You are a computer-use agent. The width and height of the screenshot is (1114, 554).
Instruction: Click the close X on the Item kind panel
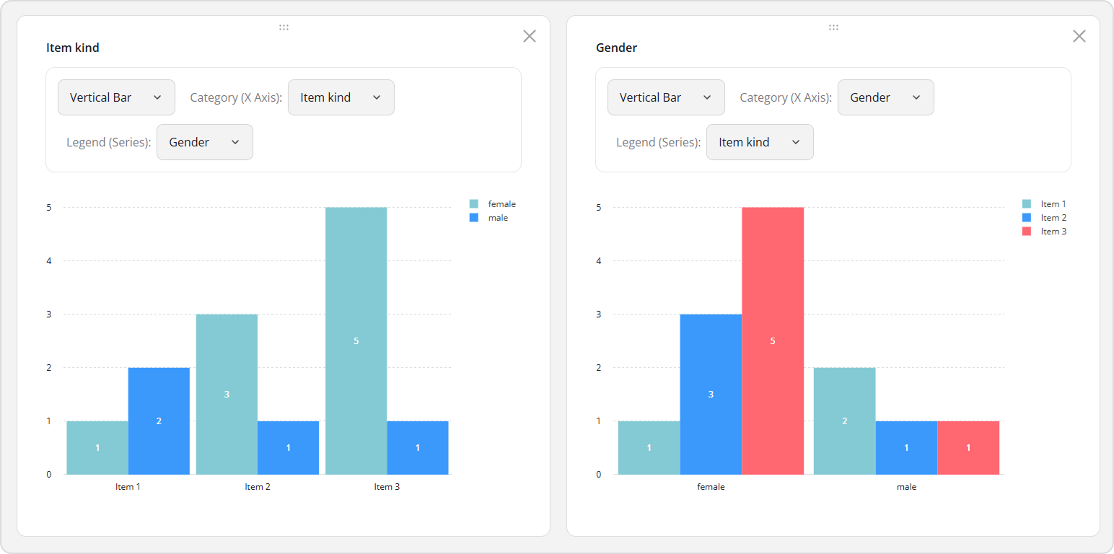click(530, 36)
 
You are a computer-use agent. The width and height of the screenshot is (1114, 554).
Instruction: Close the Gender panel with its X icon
click(1079, 36)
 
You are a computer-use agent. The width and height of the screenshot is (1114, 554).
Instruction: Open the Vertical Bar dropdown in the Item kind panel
click(116, 97)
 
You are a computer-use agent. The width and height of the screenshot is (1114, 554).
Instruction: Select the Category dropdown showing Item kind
click(341, 97)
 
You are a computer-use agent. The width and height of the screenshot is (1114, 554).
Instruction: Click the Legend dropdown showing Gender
click(204, 142)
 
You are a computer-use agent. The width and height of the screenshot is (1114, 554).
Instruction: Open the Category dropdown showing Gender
click(885, 97)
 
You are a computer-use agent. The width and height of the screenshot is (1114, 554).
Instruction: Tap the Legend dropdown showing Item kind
click(759, 142)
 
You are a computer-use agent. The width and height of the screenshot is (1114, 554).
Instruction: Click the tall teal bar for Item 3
click(356, 340)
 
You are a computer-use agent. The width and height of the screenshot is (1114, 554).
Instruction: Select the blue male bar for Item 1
click(159, 421)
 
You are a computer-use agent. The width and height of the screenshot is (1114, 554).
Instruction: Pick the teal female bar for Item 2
click(227, 394)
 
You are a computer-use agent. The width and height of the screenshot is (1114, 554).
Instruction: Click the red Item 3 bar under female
click(772, 340)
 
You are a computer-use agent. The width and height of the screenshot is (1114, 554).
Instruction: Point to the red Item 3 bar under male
click(968, 447)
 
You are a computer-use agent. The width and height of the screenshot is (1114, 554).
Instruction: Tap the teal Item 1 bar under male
click(844, 421)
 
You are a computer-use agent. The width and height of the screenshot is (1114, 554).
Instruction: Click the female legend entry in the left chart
click(493, 204)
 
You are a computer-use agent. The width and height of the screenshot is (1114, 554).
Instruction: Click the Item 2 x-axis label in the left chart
click(258, 487)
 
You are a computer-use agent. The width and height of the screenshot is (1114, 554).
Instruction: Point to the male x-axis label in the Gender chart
click(906, 487)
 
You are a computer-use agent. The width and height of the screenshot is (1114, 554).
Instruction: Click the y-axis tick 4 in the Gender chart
click(597, 261)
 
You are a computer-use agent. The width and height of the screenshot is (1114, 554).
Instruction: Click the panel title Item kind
click(73, 48)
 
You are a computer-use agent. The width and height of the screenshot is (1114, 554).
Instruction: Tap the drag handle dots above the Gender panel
click(833, 27)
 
